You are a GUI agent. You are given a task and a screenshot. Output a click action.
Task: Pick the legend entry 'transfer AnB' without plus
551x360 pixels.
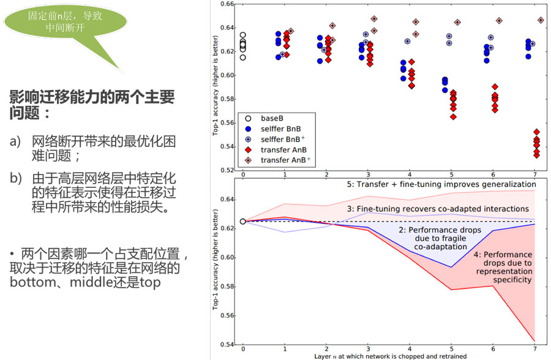280,149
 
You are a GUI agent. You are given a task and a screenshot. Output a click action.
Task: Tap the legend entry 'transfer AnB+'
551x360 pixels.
282,160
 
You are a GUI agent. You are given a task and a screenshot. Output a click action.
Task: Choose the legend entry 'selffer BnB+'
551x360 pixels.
282,139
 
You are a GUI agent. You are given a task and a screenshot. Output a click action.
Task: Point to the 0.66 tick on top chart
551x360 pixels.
228,4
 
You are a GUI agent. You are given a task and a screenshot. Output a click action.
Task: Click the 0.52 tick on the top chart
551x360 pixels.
228,170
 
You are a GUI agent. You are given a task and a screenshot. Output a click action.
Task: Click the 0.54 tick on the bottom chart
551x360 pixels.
228,345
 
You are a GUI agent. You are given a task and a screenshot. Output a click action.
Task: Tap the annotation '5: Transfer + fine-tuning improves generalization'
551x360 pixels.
438,184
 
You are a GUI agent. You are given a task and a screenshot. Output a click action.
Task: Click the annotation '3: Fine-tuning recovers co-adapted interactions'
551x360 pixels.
438,209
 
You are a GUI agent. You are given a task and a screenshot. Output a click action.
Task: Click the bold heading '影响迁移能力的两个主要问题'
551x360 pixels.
92,104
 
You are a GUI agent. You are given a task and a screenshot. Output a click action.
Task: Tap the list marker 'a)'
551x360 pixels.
16,142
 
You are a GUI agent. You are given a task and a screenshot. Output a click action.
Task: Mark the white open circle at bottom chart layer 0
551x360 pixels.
243,221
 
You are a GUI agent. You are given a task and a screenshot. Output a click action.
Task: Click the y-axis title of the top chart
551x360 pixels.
216,89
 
